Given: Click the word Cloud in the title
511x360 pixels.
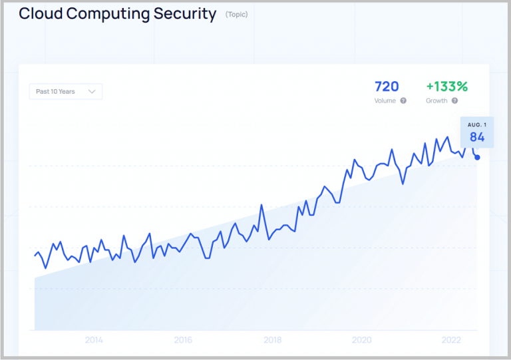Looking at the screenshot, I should point(38,14).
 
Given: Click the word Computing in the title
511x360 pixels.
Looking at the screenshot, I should point(100,14).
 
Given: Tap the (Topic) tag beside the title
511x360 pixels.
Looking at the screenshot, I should point(236,15).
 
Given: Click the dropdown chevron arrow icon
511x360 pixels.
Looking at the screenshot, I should point(92,91).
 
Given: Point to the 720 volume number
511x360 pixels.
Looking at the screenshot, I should point(387,87).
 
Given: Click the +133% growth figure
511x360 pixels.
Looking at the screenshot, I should point(447,87).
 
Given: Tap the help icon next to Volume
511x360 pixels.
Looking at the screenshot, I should point(403,101).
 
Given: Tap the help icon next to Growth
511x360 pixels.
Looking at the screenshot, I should point(454,101).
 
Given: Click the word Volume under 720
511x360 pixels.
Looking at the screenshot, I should point(385,101).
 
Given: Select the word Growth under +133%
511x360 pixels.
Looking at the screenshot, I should point(436,101).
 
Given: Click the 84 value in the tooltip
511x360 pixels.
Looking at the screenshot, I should point(477,137).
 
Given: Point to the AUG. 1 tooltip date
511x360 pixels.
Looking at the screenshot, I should point(477,125).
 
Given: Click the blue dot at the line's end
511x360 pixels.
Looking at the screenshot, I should point(477,158).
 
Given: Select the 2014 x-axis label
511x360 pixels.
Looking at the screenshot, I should point(94,340).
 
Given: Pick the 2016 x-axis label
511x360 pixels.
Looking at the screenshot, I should point(183,340).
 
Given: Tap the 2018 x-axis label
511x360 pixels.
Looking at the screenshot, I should point(272,340).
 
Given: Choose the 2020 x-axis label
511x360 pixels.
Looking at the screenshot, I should point(361,340).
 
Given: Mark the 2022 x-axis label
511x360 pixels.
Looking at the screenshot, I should point(450,340).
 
